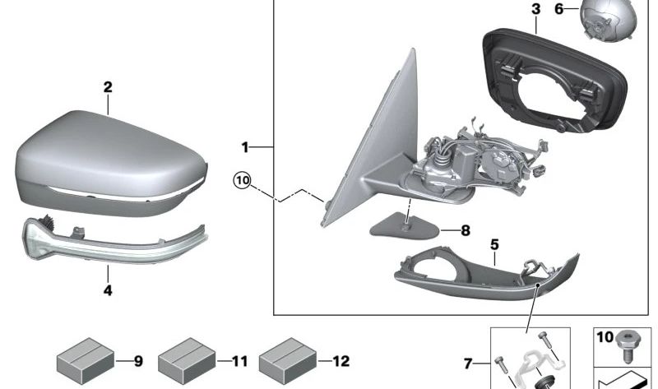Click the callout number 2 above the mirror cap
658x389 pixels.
click(x=108, y=86)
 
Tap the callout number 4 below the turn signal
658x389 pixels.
click(x=108, y=289)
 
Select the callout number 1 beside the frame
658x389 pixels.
click(x=244, y=147)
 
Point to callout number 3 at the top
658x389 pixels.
click(x=535, y=10)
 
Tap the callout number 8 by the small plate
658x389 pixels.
click(x=465, y=231)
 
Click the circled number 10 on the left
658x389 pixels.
click(x=241, y=179)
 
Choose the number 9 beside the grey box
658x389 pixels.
click(x=138, y=361)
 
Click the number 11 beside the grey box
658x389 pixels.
click(x=239, y=361)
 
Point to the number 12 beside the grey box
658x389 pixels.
click(x=341, y=361)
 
